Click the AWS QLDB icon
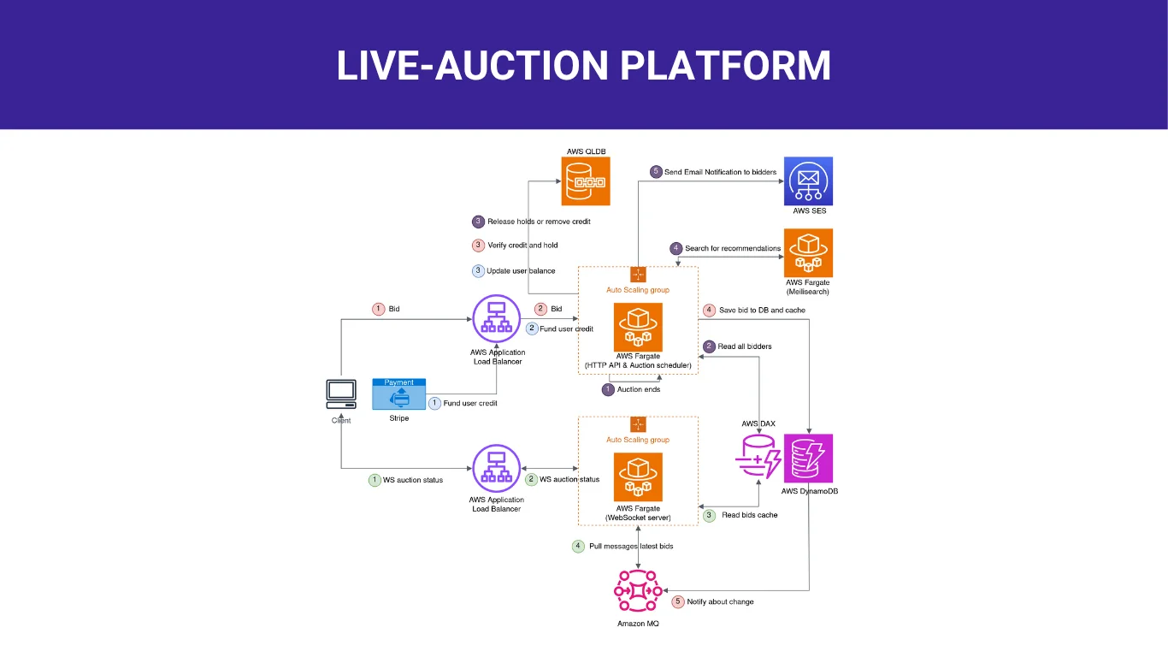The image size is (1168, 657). point(586,181)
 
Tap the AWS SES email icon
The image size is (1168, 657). point(808,181)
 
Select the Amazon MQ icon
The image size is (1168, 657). point(638,589)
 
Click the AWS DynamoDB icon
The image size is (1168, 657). point(808,459)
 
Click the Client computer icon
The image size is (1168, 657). point(341,394)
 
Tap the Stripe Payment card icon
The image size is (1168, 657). point(398,394)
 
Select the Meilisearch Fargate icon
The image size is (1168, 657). point(808,252)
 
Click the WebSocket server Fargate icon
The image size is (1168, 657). point(638,477)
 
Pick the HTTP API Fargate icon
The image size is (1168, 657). point(638,327)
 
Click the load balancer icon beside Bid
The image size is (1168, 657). point(497,320)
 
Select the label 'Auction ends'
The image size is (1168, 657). point(638,389)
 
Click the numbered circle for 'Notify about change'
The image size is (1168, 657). point(678,601)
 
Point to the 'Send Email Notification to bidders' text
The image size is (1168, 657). point(720,172)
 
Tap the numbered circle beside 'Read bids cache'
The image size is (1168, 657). point(709,515)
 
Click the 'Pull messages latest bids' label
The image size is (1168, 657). point(631,546)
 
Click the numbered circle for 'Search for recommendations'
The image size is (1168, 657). point(676,248)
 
